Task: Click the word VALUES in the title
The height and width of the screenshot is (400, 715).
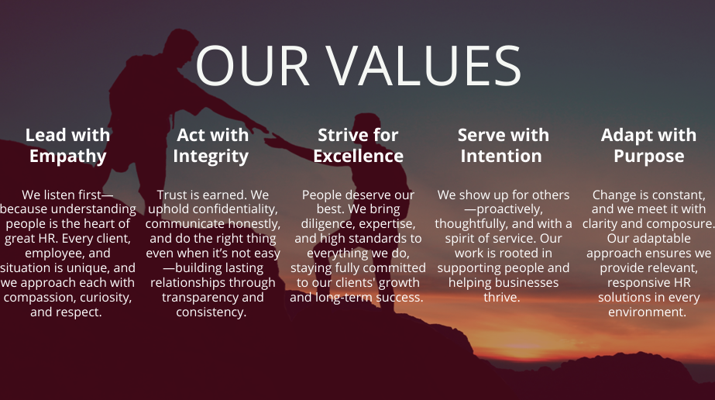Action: click(x=423, y=65)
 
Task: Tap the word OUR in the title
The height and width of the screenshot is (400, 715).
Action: click(x=253, y=65)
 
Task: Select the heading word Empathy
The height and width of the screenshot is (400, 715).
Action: click(x=68, y=157)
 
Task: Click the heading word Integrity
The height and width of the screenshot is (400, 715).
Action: click(x=211, y=157)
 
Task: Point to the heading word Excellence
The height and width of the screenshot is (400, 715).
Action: click(x=359, y=156)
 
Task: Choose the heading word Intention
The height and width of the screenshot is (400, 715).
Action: click(x=501, y=156)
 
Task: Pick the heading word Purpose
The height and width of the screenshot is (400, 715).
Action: click(x=649, y=157)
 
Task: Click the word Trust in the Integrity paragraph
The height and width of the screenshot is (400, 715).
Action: click(x=171, y=195)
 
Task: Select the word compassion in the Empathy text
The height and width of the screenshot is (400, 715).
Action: click(x=40, y=298)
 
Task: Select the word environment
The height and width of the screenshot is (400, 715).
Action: click(x=647, y=312)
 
